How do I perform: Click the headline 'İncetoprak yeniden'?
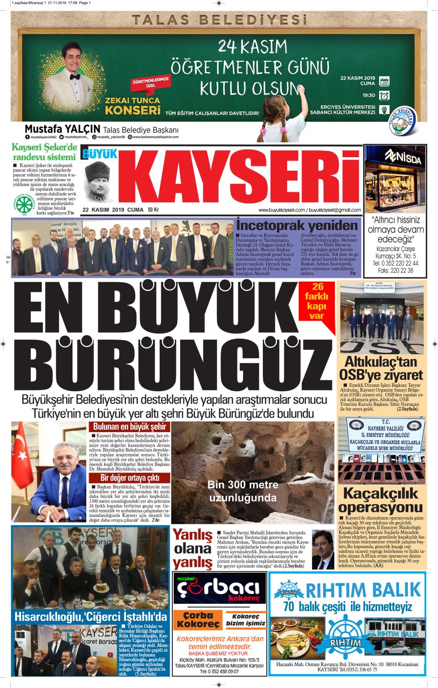[x=297, y=226]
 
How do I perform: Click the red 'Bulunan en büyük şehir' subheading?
[x=129, y=427]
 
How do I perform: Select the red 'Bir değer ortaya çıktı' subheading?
[x=129, y=478]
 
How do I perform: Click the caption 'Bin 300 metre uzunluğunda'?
[x=243, y=491]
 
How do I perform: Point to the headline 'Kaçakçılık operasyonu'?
[x=381, y=500]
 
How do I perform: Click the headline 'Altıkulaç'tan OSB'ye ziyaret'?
[x=381, y=368]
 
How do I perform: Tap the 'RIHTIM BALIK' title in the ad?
[x=363, y=590]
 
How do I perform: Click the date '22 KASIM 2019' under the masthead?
[x=104, y=210]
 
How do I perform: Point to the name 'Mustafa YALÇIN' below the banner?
[x=62, y=129]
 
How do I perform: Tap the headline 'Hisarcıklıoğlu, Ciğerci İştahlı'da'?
[x=91, y=616]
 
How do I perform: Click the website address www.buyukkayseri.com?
[x=281, y=210]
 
